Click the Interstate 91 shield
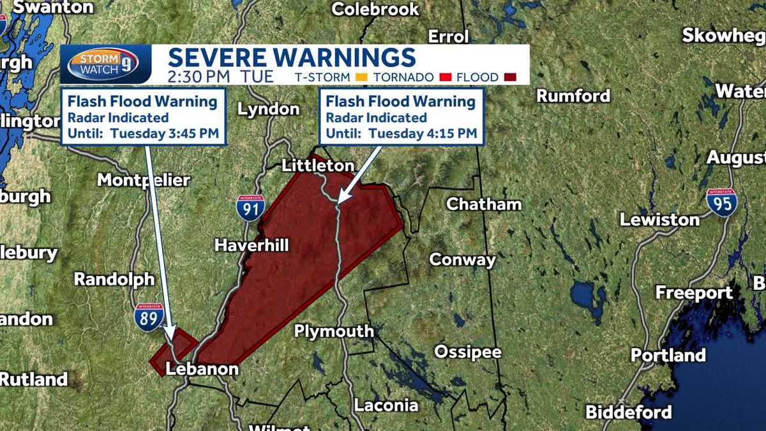[250, 208]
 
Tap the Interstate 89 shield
[149, 316]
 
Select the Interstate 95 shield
[722, 202]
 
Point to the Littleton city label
[319, 166]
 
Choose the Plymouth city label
[334, 331]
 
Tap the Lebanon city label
[202, 369]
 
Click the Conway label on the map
[462, 260]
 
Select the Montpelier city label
[143, 181]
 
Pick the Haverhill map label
[252, 245]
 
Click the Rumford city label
[573, 96]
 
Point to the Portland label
[668, 355]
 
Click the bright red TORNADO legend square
[446, 78]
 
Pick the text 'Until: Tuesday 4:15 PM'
[402, 134]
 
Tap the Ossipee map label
[468, 352]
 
